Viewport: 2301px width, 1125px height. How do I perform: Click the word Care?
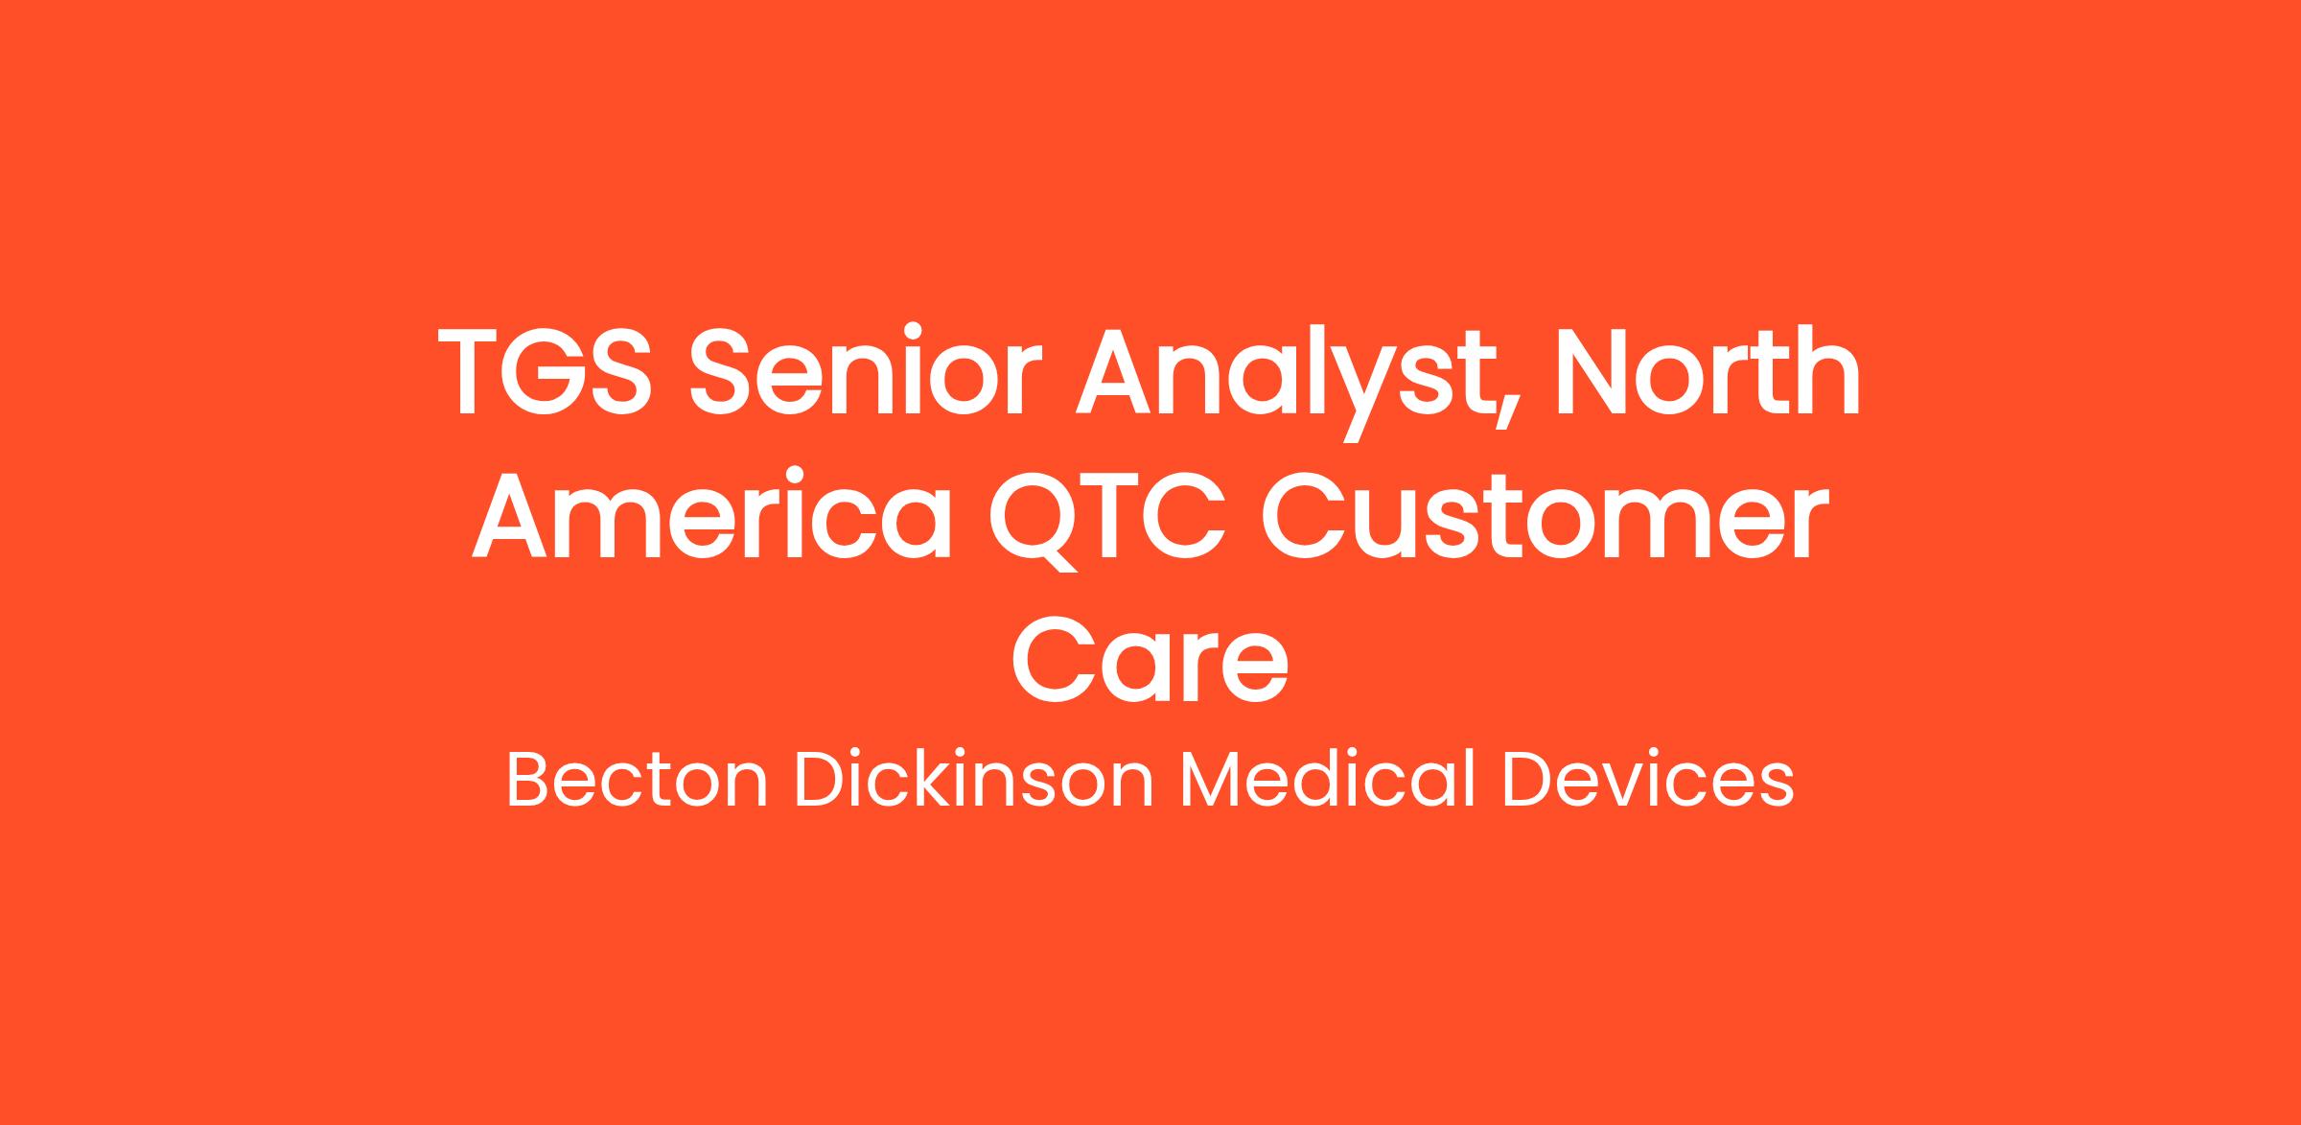(1150, 659)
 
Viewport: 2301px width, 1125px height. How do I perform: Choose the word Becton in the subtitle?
(637, 782)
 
